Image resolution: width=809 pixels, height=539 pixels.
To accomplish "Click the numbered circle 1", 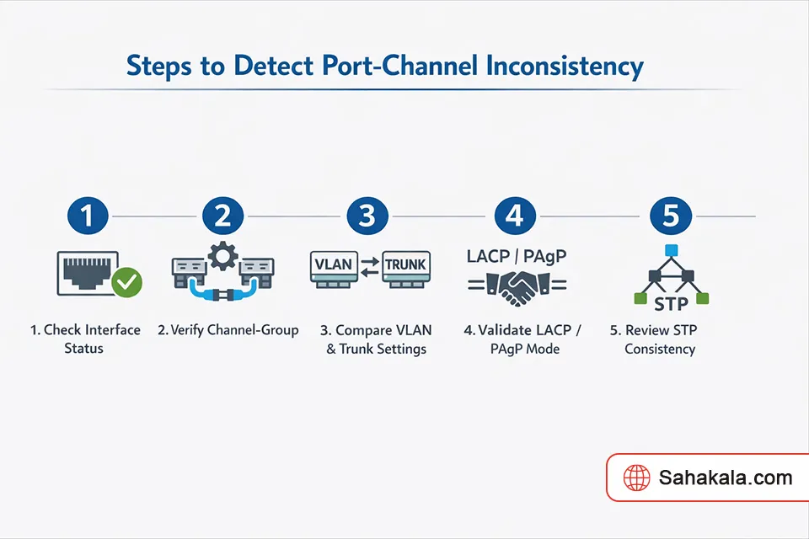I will [88, 216].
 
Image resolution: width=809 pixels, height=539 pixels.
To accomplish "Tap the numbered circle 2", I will [222, 216].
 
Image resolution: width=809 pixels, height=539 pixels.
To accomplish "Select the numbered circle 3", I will [367, 216].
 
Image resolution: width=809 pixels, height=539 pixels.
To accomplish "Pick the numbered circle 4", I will [514, 216].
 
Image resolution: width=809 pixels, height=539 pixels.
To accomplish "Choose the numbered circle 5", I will [671, 216].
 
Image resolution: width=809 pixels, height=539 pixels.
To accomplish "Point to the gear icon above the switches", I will [222, 256].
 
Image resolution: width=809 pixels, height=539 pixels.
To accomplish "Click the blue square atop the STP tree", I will [671, 250].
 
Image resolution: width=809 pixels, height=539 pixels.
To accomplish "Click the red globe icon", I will [636, 478].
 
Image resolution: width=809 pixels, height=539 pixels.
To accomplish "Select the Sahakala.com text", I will [726, 478].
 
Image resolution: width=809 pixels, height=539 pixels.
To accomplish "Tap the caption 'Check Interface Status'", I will [85, 339].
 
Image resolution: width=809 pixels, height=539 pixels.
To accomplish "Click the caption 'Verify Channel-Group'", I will [228, 330].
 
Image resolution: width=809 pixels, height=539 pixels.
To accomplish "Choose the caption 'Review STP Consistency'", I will [659, 339].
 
